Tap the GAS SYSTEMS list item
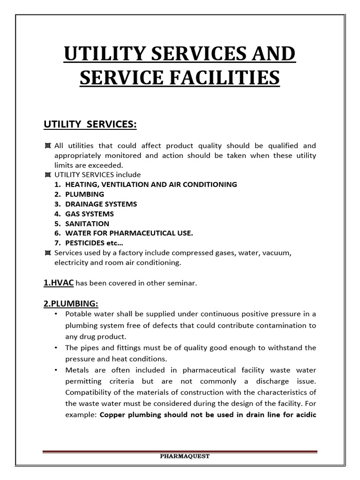(x=90, y=214)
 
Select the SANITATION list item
(x=87, y=224)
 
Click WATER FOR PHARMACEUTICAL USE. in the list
(x=129, y=233)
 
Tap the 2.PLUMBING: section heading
(x=71, y=303)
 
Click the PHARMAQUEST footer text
(x=180, y=456)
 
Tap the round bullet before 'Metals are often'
(x=56, y=370)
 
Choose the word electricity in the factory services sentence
(x=72, y=263)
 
